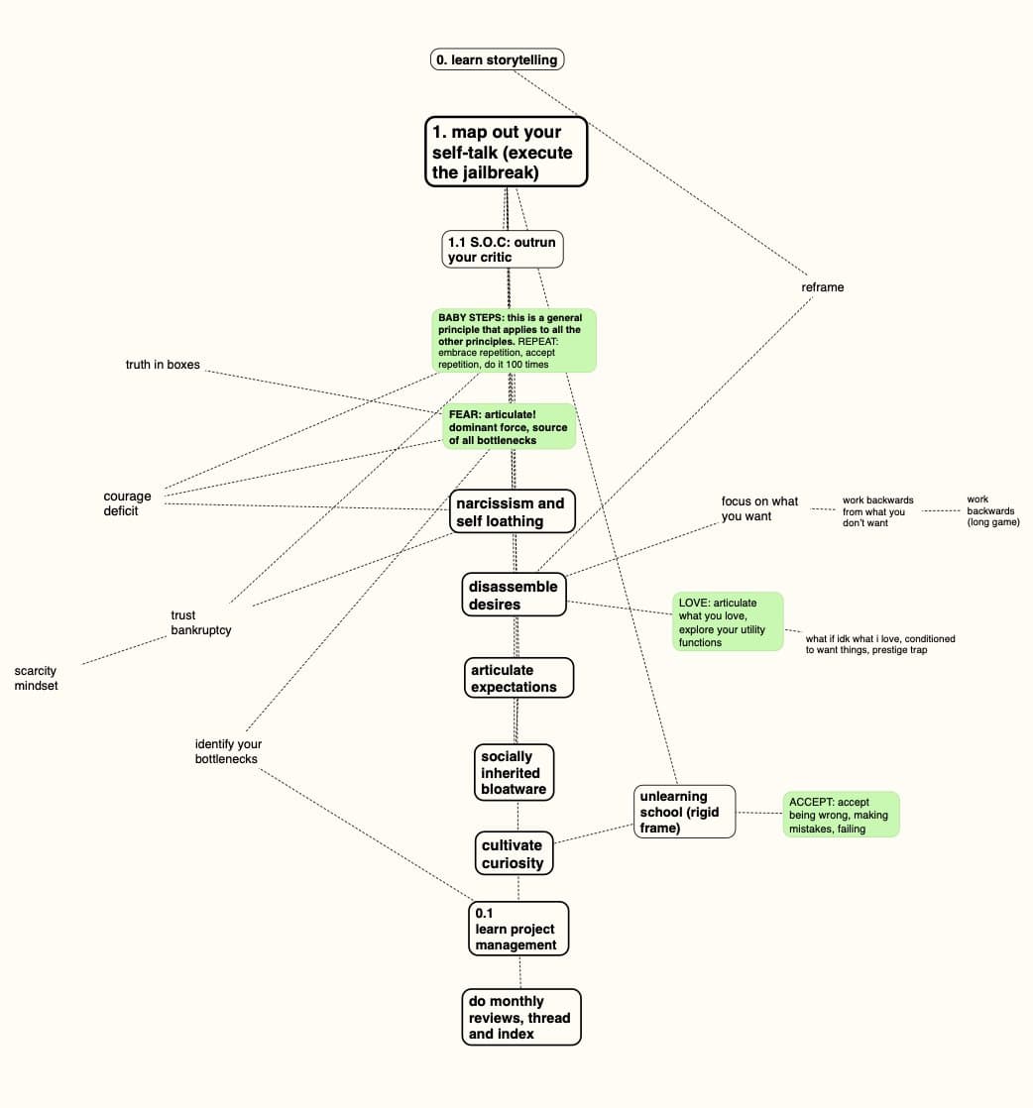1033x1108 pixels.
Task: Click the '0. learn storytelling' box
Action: tap(498, 59)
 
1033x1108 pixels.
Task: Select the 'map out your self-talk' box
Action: tap(507, 152)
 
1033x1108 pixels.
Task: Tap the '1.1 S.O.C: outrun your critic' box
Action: tap(503, 250)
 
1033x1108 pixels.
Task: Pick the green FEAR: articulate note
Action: tap(509, 427)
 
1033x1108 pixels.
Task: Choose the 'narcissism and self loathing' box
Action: tap(513, 512)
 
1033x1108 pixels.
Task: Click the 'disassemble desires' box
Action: tap(515, 595)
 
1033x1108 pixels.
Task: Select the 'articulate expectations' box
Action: tap(518, 678)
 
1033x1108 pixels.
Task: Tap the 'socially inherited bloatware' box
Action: tap(514, 773)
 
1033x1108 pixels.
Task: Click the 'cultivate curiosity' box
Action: tap(514, 853)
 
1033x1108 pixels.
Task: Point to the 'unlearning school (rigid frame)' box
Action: tap(684, 812)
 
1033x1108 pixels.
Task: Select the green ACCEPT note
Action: tap(841, 815)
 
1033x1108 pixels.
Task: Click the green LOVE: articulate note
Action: tap(728, 622)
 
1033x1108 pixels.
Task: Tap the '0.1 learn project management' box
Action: tap(518, 929)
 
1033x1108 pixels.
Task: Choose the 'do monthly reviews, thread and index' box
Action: tap(520, 1017)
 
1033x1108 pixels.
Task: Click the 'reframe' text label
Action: tap(823, 287)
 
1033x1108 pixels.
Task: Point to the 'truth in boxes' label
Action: tap(163, 365)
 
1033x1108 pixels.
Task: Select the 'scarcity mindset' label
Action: tap(37, 678)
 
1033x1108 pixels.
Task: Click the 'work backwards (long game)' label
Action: tap(992, 510)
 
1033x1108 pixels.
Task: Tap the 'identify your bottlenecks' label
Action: tap(228, 751)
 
